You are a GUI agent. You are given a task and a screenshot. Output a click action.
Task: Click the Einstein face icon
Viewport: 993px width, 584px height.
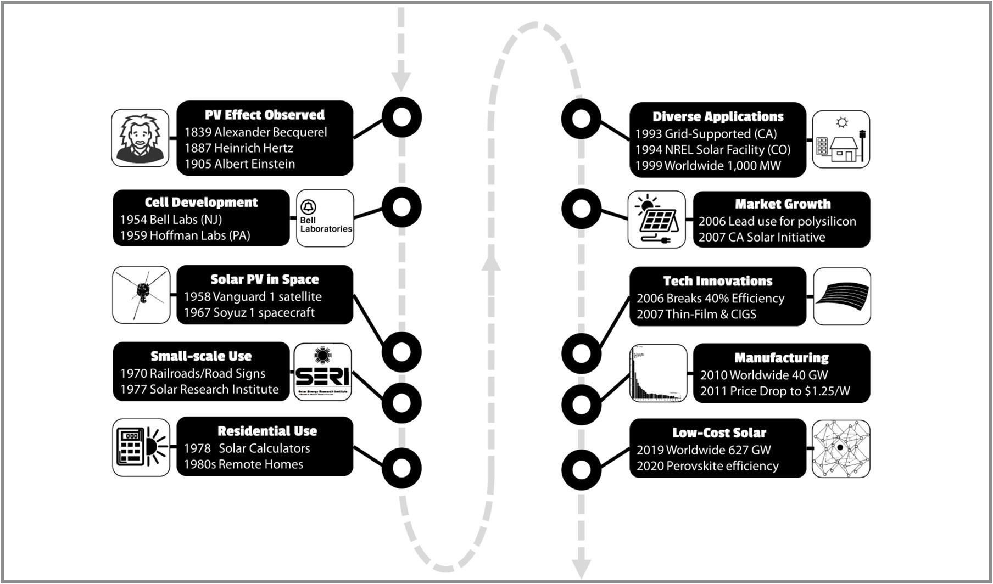pyautogui.click(x=140, y=138)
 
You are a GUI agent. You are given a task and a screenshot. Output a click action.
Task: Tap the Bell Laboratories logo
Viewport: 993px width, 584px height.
pyautogui.click(x=325, y=218)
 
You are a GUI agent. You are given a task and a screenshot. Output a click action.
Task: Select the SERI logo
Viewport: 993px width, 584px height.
pyautogui.click(x=322, y=372)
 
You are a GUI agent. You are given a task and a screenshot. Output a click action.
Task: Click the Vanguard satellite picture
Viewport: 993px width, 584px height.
pyautogui.click(x=141, y=295)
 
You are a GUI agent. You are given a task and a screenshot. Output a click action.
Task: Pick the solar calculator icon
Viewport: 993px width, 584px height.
pyautogui.click(x=141, y=447)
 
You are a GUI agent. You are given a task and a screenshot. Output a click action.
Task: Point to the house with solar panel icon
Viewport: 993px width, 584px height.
pyautogui.click(x=841, y=139)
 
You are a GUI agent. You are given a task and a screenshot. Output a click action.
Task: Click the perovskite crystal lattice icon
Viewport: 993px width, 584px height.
pyautogui.click(x=841, y=448)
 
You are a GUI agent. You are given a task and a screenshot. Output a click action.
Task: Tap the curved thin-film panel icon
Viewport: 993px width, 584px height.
pyautogui.click(x=841, y=296)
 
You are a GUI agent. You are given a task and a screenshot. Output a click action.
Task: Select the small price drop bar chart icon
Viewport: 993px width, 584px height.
pyautogui.click(x=657, y=373)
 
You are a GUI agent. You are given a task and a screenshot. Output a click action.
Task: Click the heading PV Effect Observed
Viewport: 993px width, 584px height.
pyautogui.click(x=264, y=115)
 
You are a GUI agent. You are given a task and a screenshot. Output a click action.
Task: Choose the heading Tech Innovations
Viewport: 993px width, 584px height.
pyautogui.click(x=717, y=281)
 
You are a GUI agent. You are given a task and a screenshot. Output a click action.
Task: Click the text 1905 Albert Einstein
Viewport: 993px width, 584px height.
pyautogui.click(x=239, y=164)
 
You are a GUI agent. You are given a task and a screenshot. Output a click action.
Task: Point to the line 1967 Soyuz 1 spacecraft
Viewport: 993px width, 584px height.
pyautogui.click(x=249, y=313)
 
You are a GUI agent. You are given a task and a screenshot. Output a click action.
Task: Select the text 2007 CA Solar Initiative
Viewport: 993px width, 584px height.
pyautogui.click(x=761, y=238)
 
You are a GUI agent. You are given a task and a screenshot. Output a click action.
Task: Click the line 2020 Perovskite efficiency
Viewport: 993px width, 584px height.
pyautogui.click(x=707, y=466)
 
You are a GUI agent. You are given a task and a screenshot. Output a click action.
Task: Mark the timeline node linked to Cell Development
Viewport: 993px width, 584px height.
pyautogui.click(x=401, y=207)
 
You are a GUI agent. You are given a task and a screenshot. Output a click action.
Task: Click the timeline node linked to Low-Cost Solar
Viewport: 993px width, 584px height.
pyautogui.click(x=581, y=469)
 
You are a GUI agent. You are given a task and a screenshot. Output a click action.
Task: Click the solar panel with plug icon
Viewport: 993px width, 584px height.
pyautogui.click(x=656, y=220)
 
